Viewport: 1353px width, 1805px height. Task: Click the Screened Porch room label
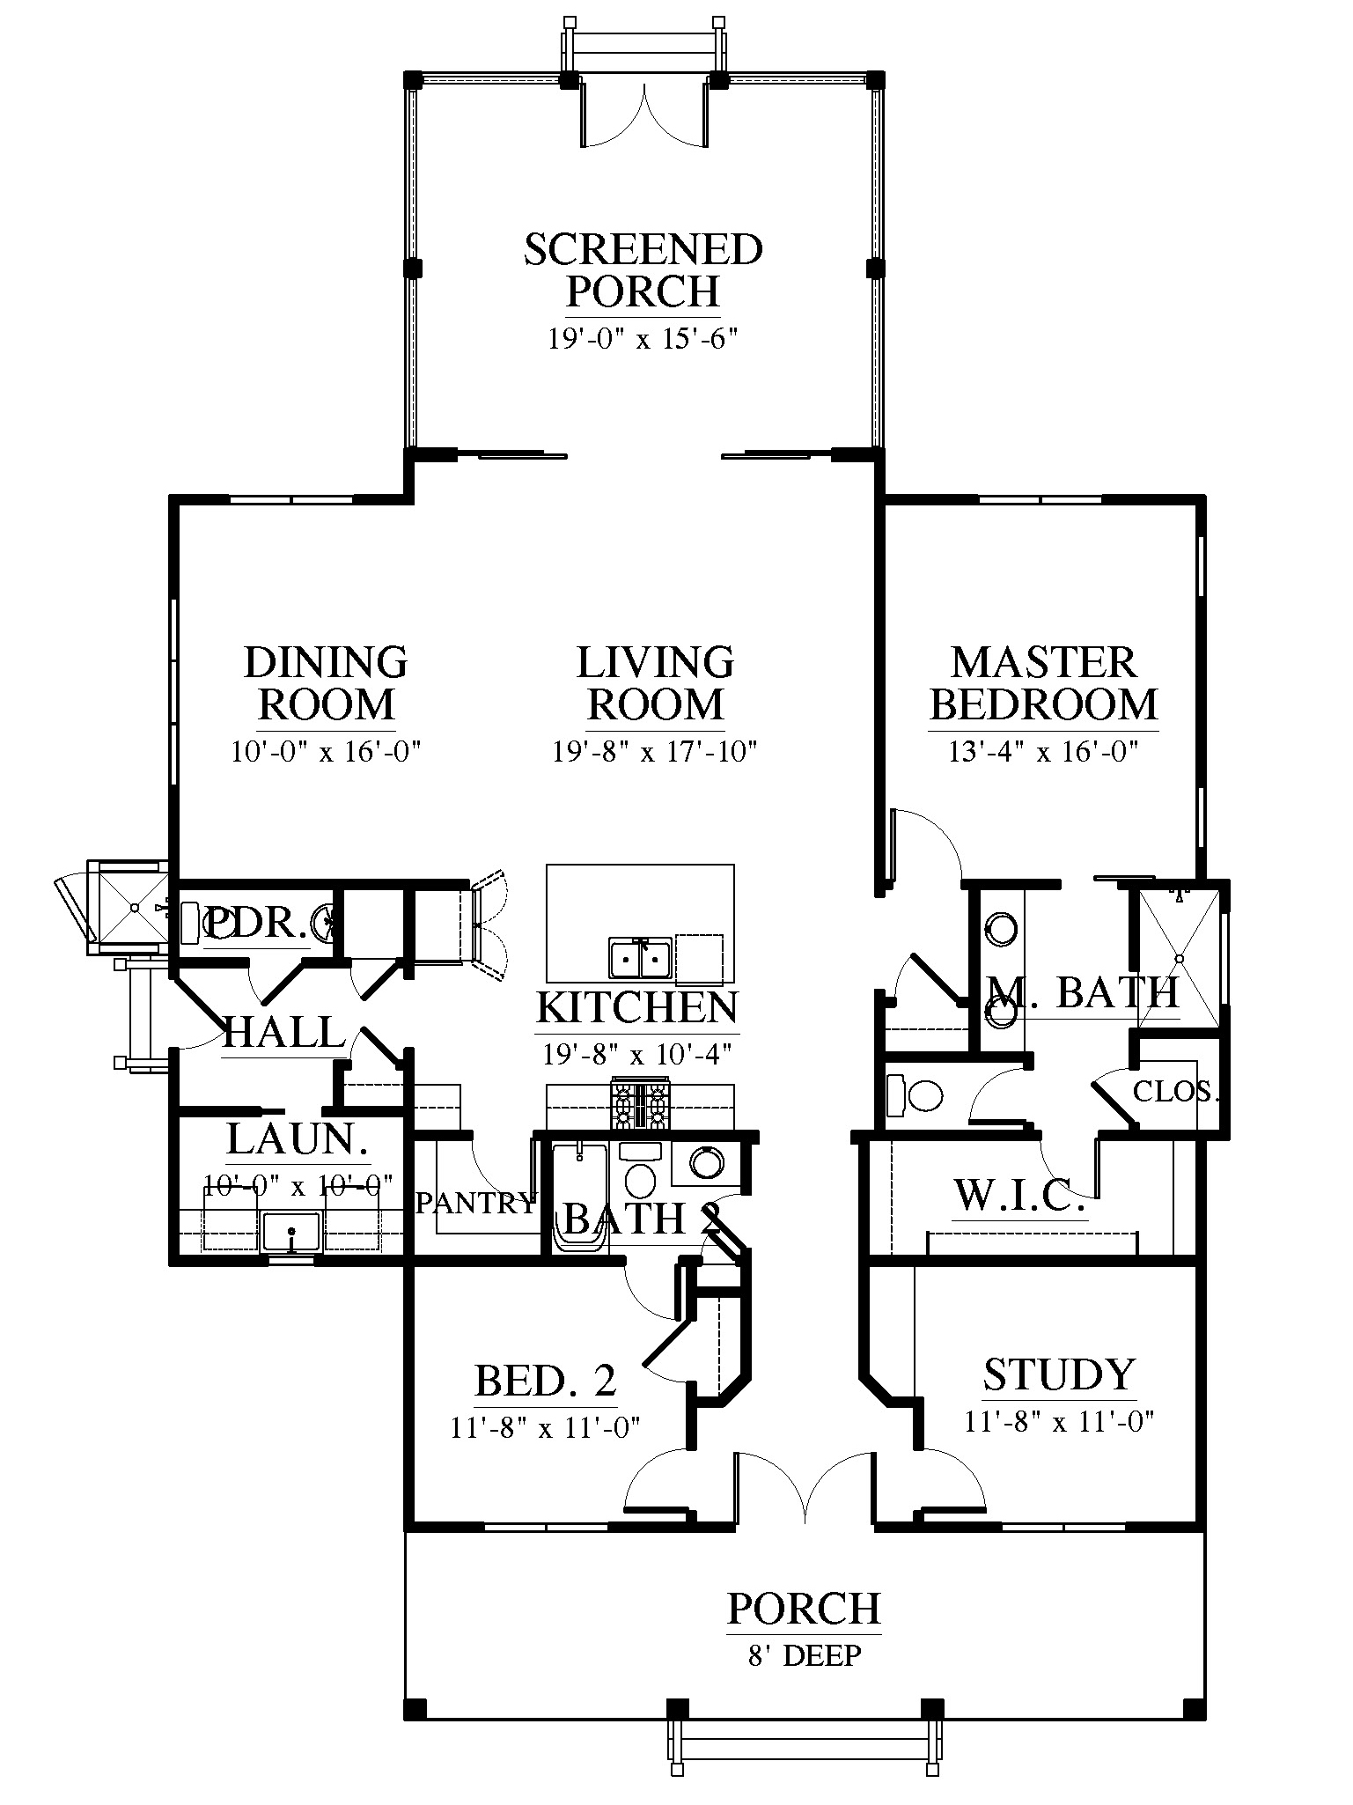(x=643, y=270)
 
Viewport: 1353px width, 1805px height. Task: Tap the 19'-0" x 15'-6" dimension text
(x=642, y=339)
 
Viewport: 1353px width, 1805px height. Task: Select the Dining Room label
(x=327, y=683)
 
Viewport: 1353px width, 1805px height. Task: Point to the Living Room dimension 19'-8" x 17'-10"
(x=655, y=752)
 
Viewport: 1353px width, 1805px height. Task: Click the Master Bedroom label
(x=1044, y=683)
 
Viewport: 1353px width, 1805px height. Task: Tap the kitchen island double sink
(x=641, y=958)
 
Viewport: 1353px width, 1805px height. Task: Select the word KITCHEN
(x=637, y=1007)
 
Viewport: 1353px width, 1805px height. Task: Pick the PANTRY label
(x=475, y=1203)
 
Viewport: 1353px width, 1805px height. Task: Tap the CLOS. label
(x=1176, y=1092)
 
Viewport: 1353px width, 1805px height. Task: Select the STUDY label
(x=1059, y=1374)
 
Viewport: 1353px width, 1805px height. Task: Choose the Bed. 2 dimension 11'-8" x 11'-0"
(x=545, y=1427)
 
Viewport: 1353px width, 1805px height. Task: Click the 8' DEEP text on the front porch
(x=805, y=1656)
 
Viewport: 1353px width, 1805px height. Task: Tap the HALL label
(x=283, y=1032)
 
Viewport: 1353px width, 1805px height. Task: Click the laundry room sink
(x=293, y=1231)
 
